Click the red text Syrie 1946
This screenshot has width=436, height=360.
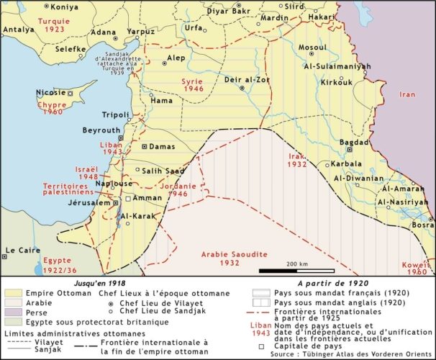click(193, 86)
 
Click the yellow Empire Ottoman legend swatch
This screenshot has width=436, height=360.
click(12, 293)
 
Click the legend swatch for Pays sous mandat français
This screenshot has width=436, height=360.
click(260, 293)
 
